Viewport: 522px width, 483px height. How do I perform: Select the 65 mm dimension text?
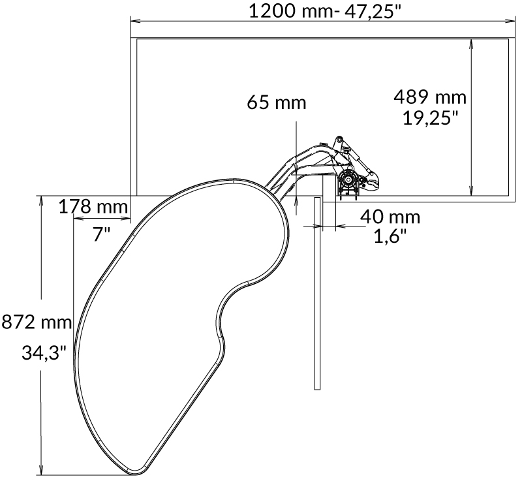[x=276, y=102]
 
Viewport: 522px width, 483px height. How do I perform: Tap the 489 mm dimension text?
[x=430, y=97]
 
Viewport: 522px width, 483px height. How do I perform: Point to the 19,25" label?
[x=431, y=117]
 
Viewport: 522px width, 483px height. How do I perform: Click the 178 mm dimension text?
[x=93, y=206]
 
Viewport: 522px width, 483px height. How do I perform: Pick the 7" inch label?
[x=101, y=234]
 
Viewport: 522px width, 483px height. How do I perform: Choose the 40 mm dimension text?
[x=390, y=217]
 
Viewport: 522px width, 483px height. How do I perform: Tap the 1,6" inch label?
[x=390, y=237]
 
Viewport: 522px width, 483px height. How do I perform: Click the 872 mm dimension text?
[x=37, y=322]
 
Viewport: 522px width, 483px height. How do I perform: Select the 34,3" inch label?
[x=44, y=352]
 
